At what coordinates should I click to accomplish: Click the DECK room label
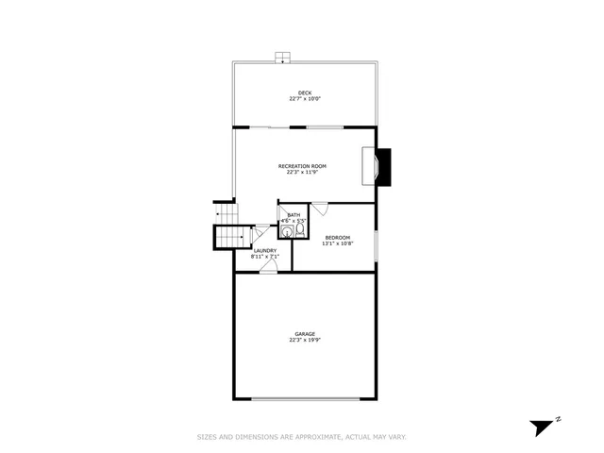point(304,92)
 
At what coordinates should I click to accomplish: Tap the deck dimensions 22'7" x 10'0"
point(304,99)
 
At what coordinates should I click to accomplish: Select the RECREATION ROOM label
point(302,166)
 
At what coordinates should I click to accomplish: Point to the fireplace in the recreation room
point(380,167)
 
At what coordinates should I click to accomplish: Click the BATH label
point(294,215)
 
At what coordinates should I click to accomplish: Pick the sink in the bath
point(287,229)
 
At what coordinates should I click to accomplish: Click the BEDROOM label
point(337,237)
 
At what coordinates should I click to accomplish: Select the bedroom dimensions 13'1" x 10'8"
point(337,243)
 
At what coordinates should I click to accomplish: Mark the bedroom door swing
point(320,210)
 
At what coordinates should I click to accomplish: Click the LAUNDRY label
point(264,250)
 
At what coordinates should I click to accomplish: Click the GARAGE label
point(304,334)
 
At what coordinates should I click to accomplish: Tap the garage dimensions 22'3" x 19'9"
point(304,341)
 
